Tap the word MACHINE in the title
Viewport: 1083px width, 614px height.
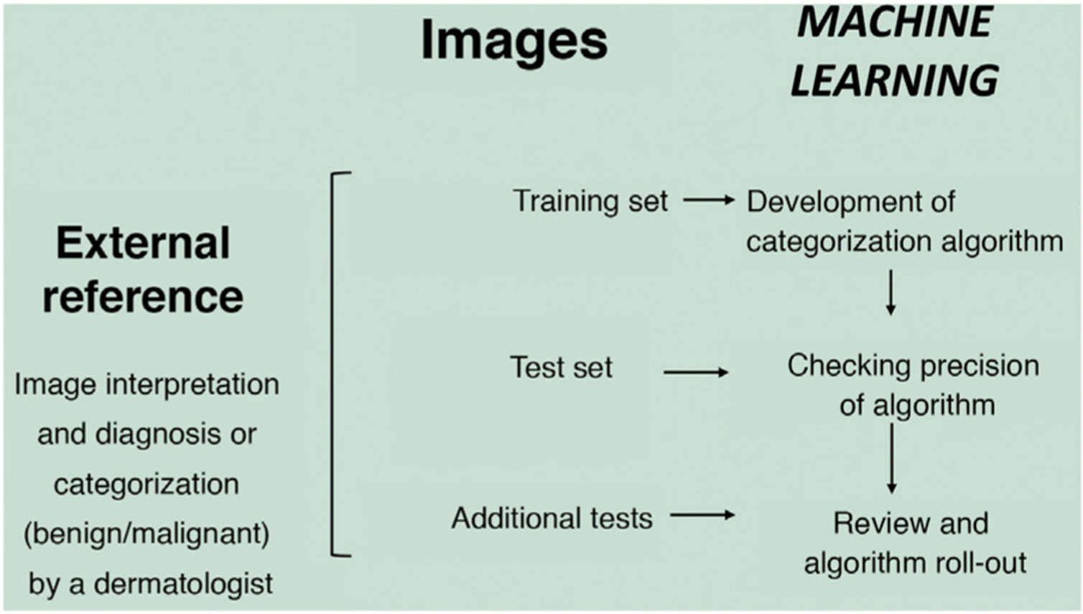tap(894, 22)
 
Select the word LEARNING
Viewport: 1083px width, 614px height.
tap(894, 79)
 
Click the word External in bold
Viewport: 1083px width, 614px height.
tap(143, 243)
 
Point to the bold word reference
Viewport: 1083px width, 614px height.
tap(143, 296)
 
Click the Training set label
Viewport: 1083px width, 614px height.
tap(590, 200)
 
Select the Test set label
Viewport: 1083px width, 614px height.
tap(561, 368)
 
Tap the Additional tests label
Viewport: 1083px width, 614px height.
tap(552, 518)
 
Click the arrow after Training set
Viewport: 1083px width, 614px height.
tap(708, 200)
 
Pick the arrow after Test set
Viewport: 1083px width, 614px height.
tap(695, 372)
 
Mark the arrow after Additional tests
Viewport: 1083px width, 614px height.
tap(702, 515)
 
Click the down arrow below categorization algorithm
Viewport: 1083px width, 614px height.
tap(891, 292)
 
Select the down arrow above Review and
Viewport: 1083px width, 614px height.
tap(891, 458)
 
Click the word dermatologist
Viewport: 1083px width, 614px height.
tap(183, 584)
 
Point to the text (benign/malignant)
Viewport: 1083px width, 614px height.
tap(147, 534)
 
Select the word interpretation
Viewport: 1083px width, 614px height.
tap(192, 385)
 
